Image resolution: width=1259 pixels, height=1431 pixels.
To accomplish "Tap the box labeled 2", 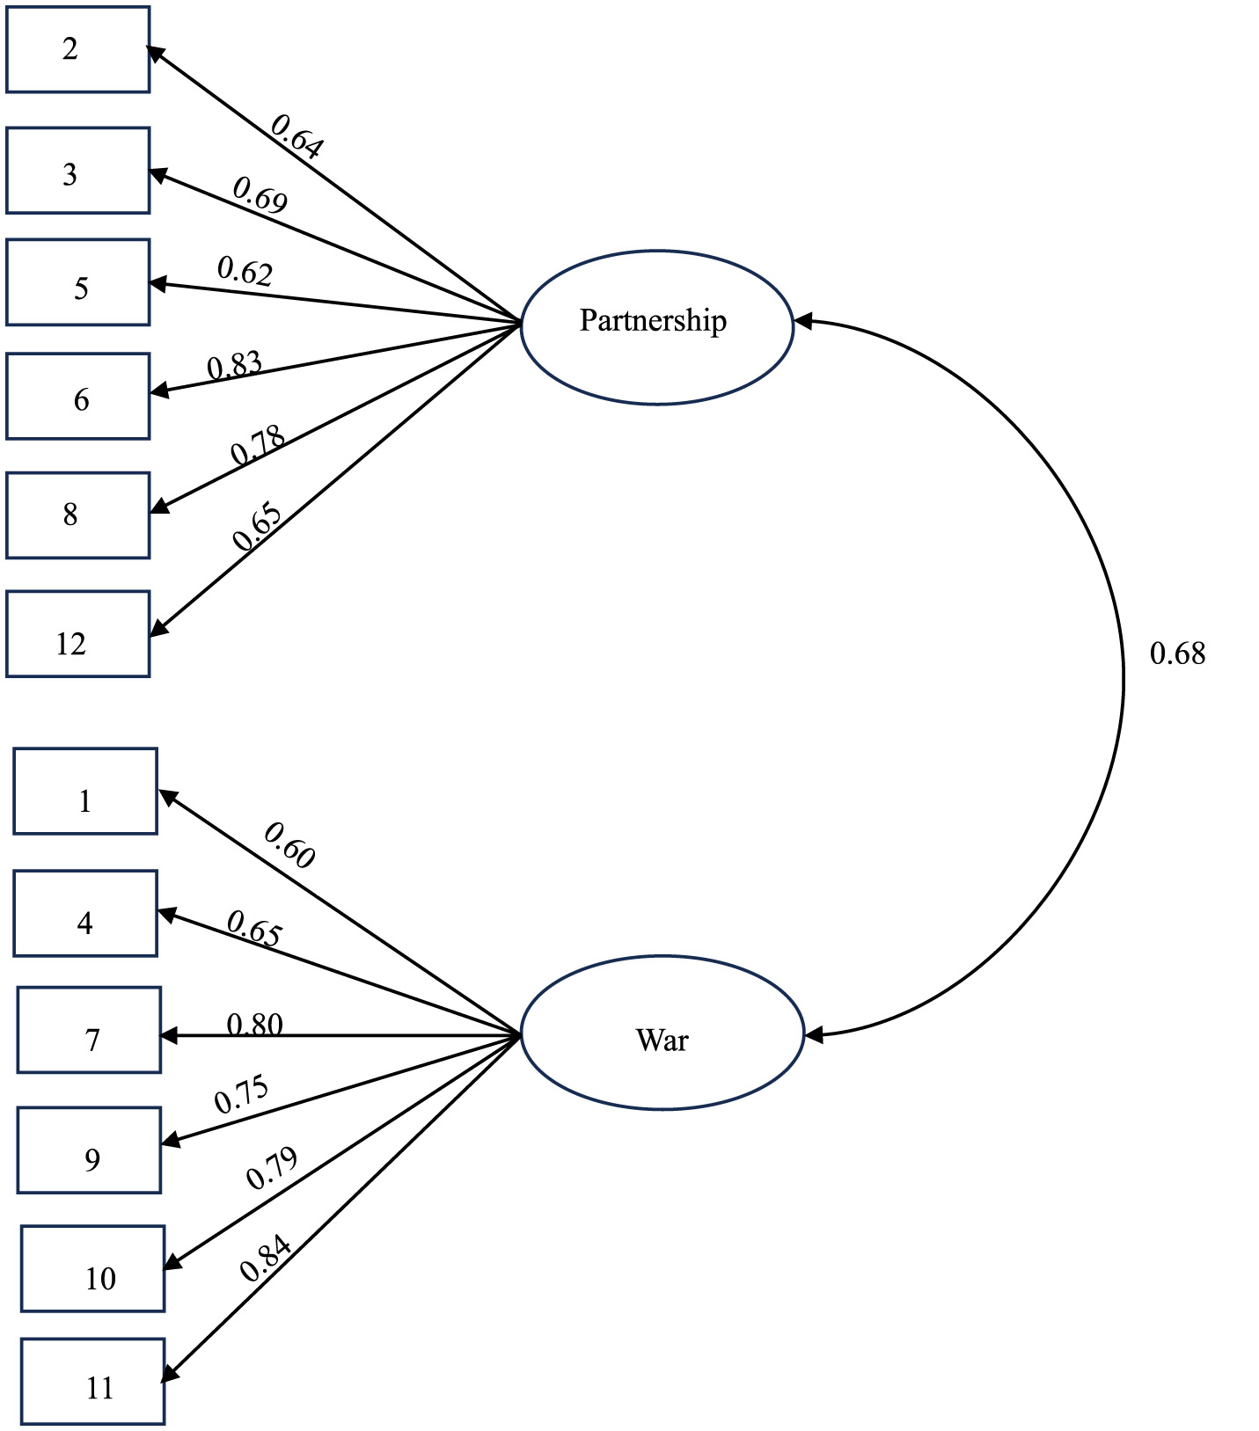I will pyautogui.click(x=77, y=49).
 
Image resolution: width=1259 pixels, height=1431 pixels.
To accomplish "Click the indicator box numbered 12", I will pyautogui.click(x=77, y=634).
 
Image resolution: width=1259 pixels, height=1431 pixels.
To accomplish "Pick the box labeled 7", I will pyautogui.click(x=89, y=1030).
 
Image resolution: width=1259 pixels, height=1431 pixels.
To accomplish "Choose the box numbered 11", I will pyautogui.click(x=92, y=1381).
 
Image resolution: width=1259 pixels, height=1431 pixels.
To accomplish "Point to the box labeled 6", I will pyautogui.click(x=77, y=396).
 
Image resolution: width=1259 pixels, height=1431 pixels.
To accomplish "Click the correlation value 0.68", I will pyautogui.click(x=1177, y=653).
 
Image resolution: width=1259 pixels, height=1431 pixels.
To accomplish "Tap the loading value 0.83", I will pyautogui.click(x=235, y=365).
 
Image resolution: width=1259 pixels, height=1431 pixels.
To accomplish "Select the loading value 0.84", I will pyautogui.click(x=265, y=1259).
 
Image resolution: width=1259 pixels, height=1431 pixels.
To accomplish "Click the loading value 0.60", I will pyautogui.click(x=289, y=844).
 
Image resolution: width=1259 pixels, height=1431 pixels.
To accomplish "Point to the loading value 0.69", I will pyautogui.click(x=260, y=194).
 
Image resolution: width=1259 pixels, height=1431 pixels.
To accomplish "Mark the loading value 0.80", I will pyautogui.click(x=254, y=1024).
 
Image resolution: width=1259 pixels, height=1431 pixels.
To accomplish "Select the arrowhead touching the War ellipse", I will pyautogui.click(x=813, y=1035).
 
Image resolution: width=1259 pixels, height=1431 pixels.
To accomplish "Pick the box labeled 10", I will pyautogui.click(x=92, y=1268).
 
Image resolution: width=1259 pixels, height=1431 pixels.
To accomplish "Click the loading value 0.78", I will pyautogui.click(x=258, y=445).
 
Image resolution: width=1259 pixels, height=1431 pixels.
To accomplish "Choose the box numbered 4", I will pyautogui.click(x=85, y=913).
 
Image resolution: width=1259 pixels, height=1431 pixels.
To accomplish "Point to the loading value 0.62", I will pyautogui.click(x=245, y=271).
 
